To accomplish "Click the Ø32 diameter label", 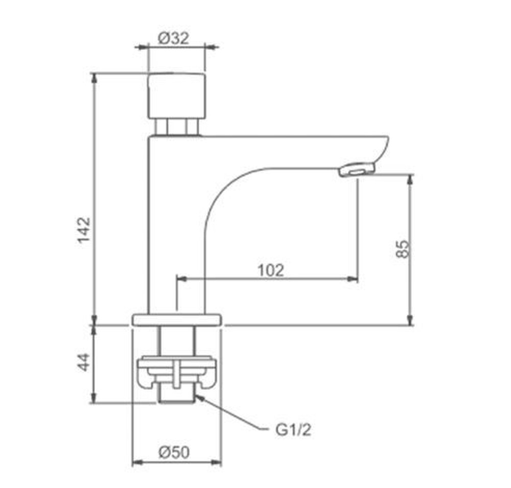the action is (x=173, y=38).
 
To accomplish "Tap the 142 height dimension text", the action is (x=84, y=230).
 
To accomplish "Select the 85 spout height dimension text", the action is (x=403, y=249).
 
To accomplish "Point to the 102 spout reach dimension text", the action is (x=271, y=270).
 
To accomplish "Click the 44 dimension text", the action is (x=84, y=362).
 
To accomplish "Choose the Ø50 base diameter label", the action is (x=174, y=452).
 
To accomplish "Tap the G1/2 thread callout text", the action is (x=293, y=430).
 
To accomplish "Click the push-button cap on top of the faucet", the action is (x=177, y=96).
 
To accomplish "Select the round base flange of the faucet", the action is (x=177, y=319).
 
